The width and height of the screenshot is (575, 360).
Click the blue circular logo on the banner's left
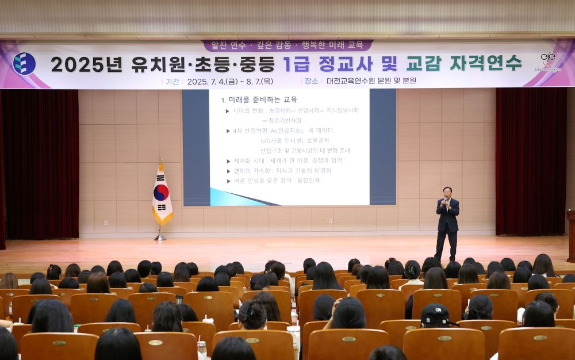tap(24, 64)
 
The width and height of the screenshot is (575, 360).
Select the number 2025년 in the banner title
tap(86, 63)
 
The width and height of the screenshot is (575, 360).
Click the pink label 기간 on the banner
tap(172, 81)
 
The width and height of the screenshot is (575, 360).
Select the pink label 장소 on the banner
tap(311, 81)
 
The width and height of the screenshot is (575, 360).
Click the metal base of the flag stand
tap(160, 238)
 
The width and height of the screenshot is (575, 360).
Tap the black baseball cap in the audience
tap(435, 313)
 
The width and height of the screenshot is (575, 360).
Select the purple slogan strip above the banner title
tap(287, 45)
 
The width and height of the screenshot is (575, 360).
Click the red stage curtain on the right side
tap(530, 161)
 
